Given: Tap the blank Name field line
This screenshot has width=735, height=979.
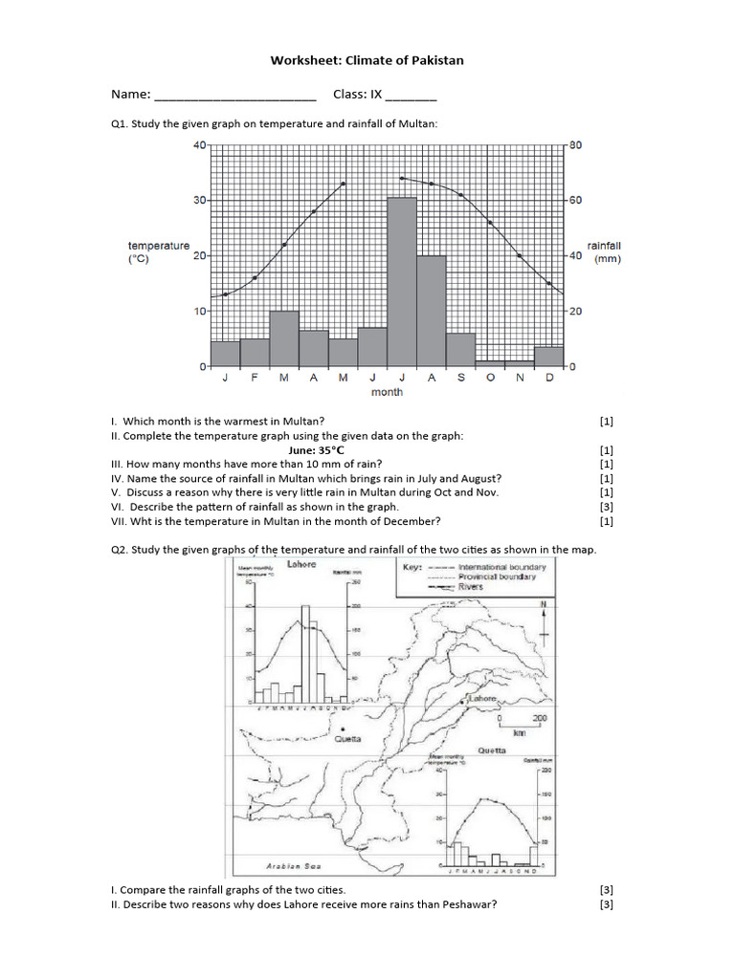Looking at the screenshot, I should coord(234,96).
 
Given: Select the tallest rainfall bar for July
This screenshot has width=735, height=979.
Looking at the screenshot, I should coord(402,282).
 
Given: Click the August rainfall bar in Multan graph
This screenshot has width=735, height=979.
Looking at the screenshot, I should coord(432,311).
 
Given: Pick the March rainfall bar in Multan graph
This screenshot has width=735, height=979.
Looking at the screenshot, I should coord(284,338).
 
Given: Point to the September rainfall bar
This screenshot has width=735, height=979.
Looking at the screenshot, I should coord(460,349).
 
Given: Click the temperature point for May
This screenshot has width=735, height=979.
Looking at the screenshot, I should coord(344,184).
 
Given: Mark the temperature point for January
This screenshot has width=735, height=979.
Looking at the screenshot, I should coord(225,294).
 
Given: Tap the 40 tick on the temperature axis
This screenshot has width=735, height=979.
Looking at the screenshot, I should coord(200,145).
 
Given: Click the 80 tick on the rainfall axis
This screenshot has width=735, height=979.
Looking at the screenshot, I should coord(575,145).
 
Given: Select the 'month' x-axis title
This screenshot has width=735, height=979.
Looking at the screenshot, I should coord(387,392).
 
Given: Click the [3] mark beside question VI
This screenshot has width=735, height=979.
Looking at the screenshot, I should coord(606,507).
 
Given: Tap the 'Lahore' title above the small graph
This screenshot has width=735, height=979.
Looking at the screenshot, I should coord(301,564).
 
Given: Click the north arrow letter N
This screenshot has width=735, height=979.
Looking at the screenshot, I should coord(543,604).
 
